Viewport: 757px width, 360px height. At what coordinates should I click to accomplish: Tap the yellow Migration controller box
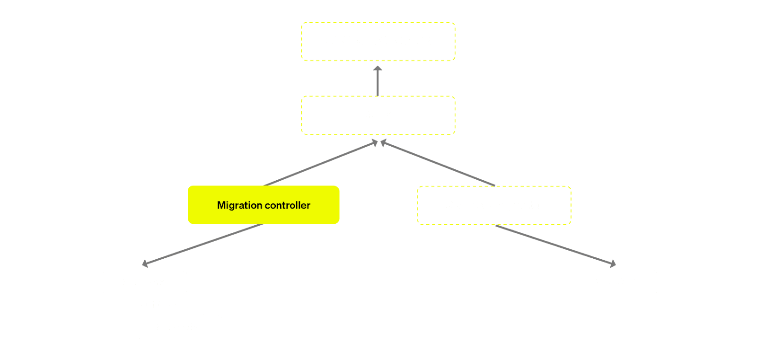(x=264, y=205)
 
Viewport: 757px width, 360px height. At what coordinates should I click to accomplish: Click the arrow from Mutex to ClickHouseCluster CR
(x=378, y=81)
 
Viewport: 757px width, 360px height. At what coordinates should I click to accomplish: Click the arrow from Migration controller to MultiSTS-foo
(x=203, y=244)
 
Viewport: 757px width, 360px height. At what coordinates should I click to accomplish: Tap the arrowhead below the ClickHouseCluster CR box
(x=378, y=69)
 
